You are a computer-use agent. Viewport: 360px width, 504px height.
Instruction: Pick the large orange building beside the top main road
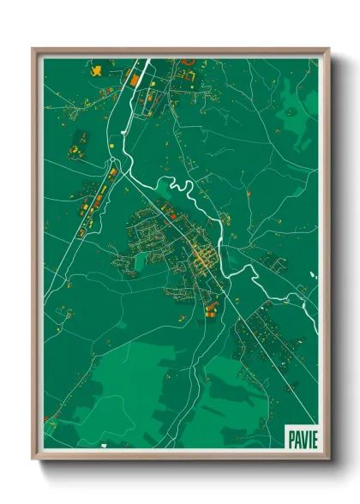pos(134,79)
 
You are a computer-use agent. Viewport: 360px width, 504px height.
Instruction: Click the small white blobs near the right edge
pos(313,275)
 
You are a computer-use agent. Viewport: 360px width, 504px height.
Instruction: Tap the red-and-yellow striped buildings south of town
pos(210,305)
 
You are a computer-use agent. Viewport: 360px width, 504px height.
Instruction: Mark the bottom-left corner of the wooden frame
pos(33,459)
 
